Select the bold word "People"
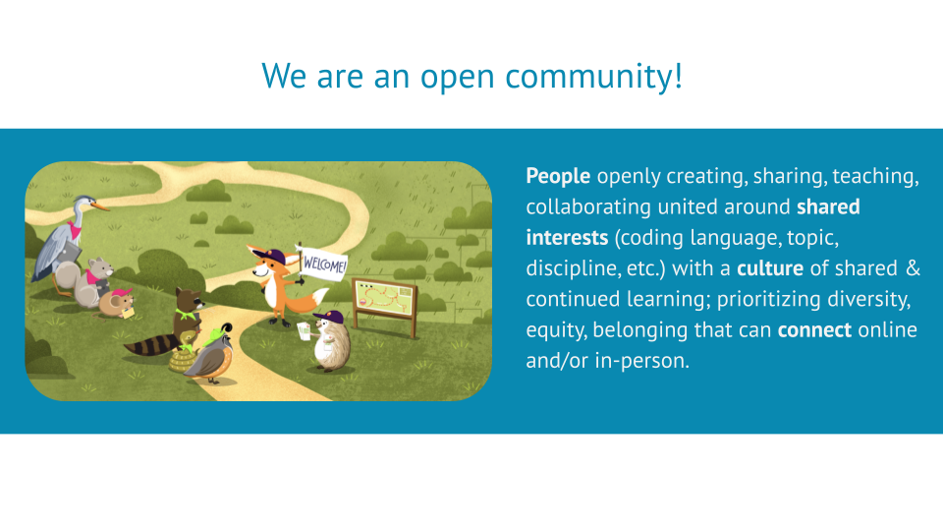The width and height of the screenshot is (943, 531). [558, 176]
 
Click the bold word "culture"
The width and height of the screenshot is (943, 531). [769, 268]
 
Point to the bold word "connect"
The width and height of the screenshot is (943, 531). [814, 329]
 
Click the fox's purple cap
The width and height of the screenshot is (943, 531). [263, 254]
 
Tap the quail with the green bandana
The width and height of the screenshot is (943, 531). [209, 359]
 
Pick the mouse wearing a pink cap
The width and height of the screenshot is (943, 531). [116, 300]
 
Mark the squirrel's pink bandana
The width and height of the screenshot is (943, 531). [93, 275]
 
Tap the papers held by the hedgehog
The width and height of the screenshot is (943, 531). [305, 326]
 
